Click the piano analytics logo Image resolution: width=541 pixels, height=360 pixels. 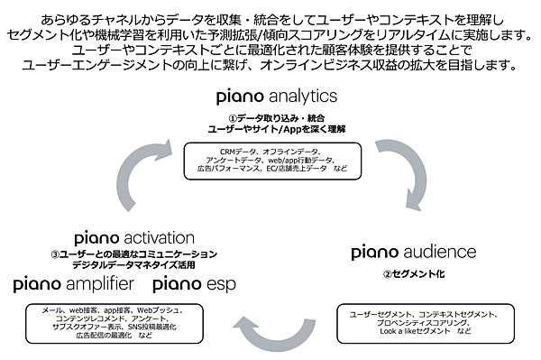click(x=276, y=96)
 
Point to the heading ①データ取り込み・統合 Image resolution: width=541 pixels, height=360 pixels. click(x=277, y=117)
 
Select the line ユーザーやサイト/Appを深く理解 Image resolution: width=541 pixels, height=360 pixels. click(x=277, y=129)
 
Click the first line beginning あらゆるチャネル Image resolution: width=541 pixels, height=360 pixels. click(x=270, y=18)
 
